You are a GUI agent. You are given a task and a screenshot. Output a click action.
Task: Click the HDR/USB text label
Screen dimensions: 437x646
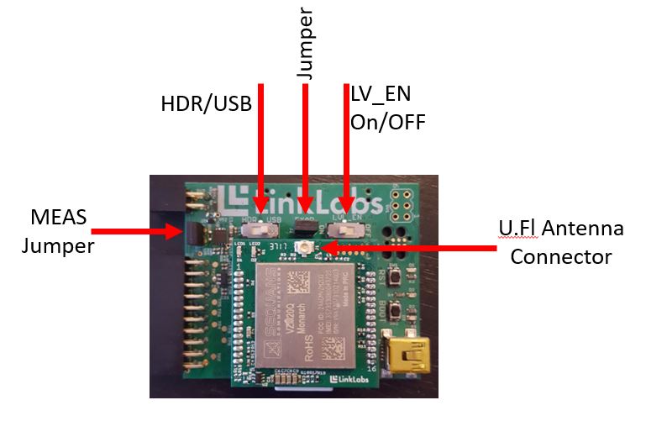click(x=206, y=104)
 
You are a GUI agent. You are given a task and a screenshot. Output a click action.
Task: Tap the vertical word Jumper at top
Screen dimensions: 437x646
click(x=306, y=45)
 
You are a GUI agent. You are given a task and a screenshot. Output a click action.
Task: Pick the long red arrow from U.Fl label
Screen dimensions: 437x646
click(x=412, y=248)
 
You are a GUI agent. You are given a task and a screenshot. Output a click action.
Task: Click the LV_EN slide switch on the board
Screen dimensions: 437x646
click(x=356, y=227)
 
